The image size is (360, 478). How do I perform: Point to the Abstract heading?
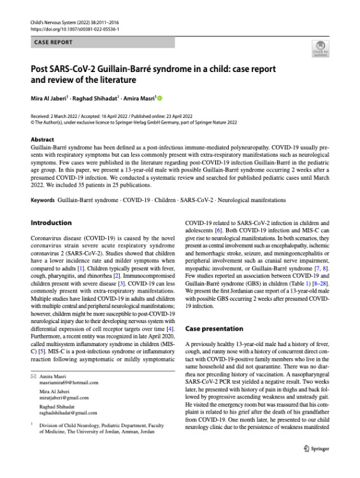(x=42, y=138)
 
